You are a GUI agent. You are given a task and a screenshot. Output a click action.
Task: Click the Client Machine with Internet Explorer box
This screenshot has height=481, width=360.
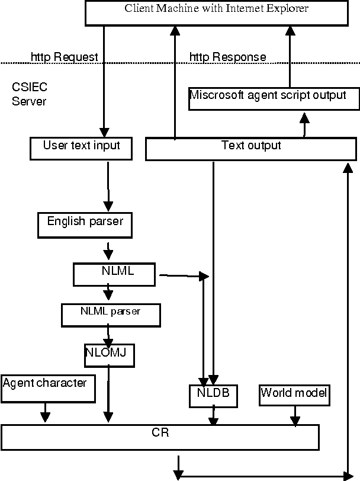217,13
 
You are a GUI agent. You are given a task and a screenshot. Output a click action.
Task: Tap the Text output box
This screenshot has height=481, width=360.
250,149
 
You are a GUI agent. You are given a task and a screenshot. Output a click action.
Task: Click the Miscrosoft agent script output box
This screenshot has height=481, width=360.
274,98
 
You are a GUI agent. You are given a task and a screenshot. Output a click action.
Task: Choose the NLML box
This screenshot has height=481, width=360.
114,274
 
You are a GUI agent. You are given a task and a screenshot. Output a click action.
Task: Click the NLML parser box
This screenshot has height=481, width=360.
110,315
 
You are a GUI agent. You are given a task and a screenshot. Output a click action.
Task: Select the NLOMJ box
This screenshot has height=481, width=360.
109,354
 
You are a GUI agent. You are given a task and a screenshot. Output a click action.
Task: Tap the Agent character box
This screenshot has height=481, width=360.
50,389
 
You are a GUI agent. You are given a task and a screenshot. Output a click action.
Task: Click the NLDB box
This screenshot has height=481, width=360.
213,395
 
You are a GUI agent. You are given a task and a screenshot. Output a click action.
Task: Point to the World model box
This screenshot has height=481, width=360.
294,395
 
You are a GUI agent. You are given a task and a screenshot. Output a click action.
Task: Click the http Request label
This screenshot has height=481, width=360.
64,57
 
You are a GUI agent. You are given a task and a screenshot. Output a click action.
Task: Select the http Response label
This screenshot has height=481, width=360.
227,57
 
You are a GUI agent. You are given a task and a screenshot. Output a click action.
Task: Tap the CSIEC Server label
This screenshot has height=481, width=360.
29,94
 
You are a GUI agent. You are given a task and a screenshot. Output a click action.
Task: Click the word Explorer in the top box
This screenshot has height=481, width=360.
290,8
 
